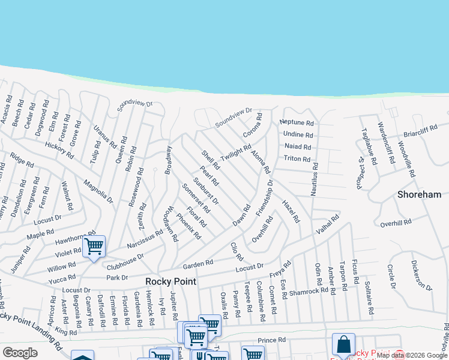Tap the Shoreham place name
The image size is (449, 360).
click(x=420, y=194)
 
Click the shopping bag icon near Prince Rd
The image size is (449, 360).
click(x=343, y=344)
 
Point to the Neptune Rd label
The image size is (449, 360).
click(x=297, y=122)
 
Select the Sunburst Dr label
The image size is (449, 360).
click(x=206, y=191)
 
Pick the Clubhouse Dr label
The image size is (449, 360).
click(x=125, y=260)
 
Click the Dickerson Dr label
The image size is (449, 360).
click(x=422, y=275)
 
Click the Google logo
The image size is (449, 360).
click(x=20, y=353)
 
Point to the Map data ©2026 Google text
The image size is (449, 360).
click(x=412, y=355)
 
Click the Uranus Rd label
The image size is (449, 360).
click(x=105, y=137)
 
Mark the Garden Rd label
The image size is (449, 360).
click(x=198, y=263)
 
